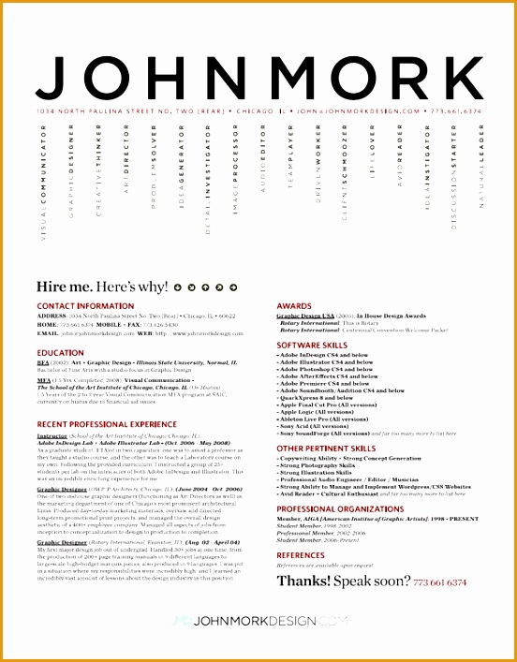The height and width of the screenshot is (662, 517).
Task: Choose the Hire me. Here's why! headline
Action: point(103,287)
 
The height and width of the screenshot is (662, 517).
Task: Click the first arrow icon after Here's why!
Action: point(179,287)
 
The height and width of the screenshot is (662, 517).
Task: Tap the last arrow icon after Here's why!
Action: point(231,287)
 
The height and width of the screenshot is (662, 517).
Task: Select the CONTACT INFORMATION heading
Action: point(86,306)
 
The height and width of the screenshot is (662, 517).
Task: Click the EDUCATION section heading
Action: point(61,353)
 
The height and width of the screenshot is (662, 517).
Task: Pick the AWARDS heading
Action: point(294,306)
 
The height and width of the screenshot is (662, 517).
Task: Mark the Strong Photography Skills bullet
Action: point(317,465)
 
